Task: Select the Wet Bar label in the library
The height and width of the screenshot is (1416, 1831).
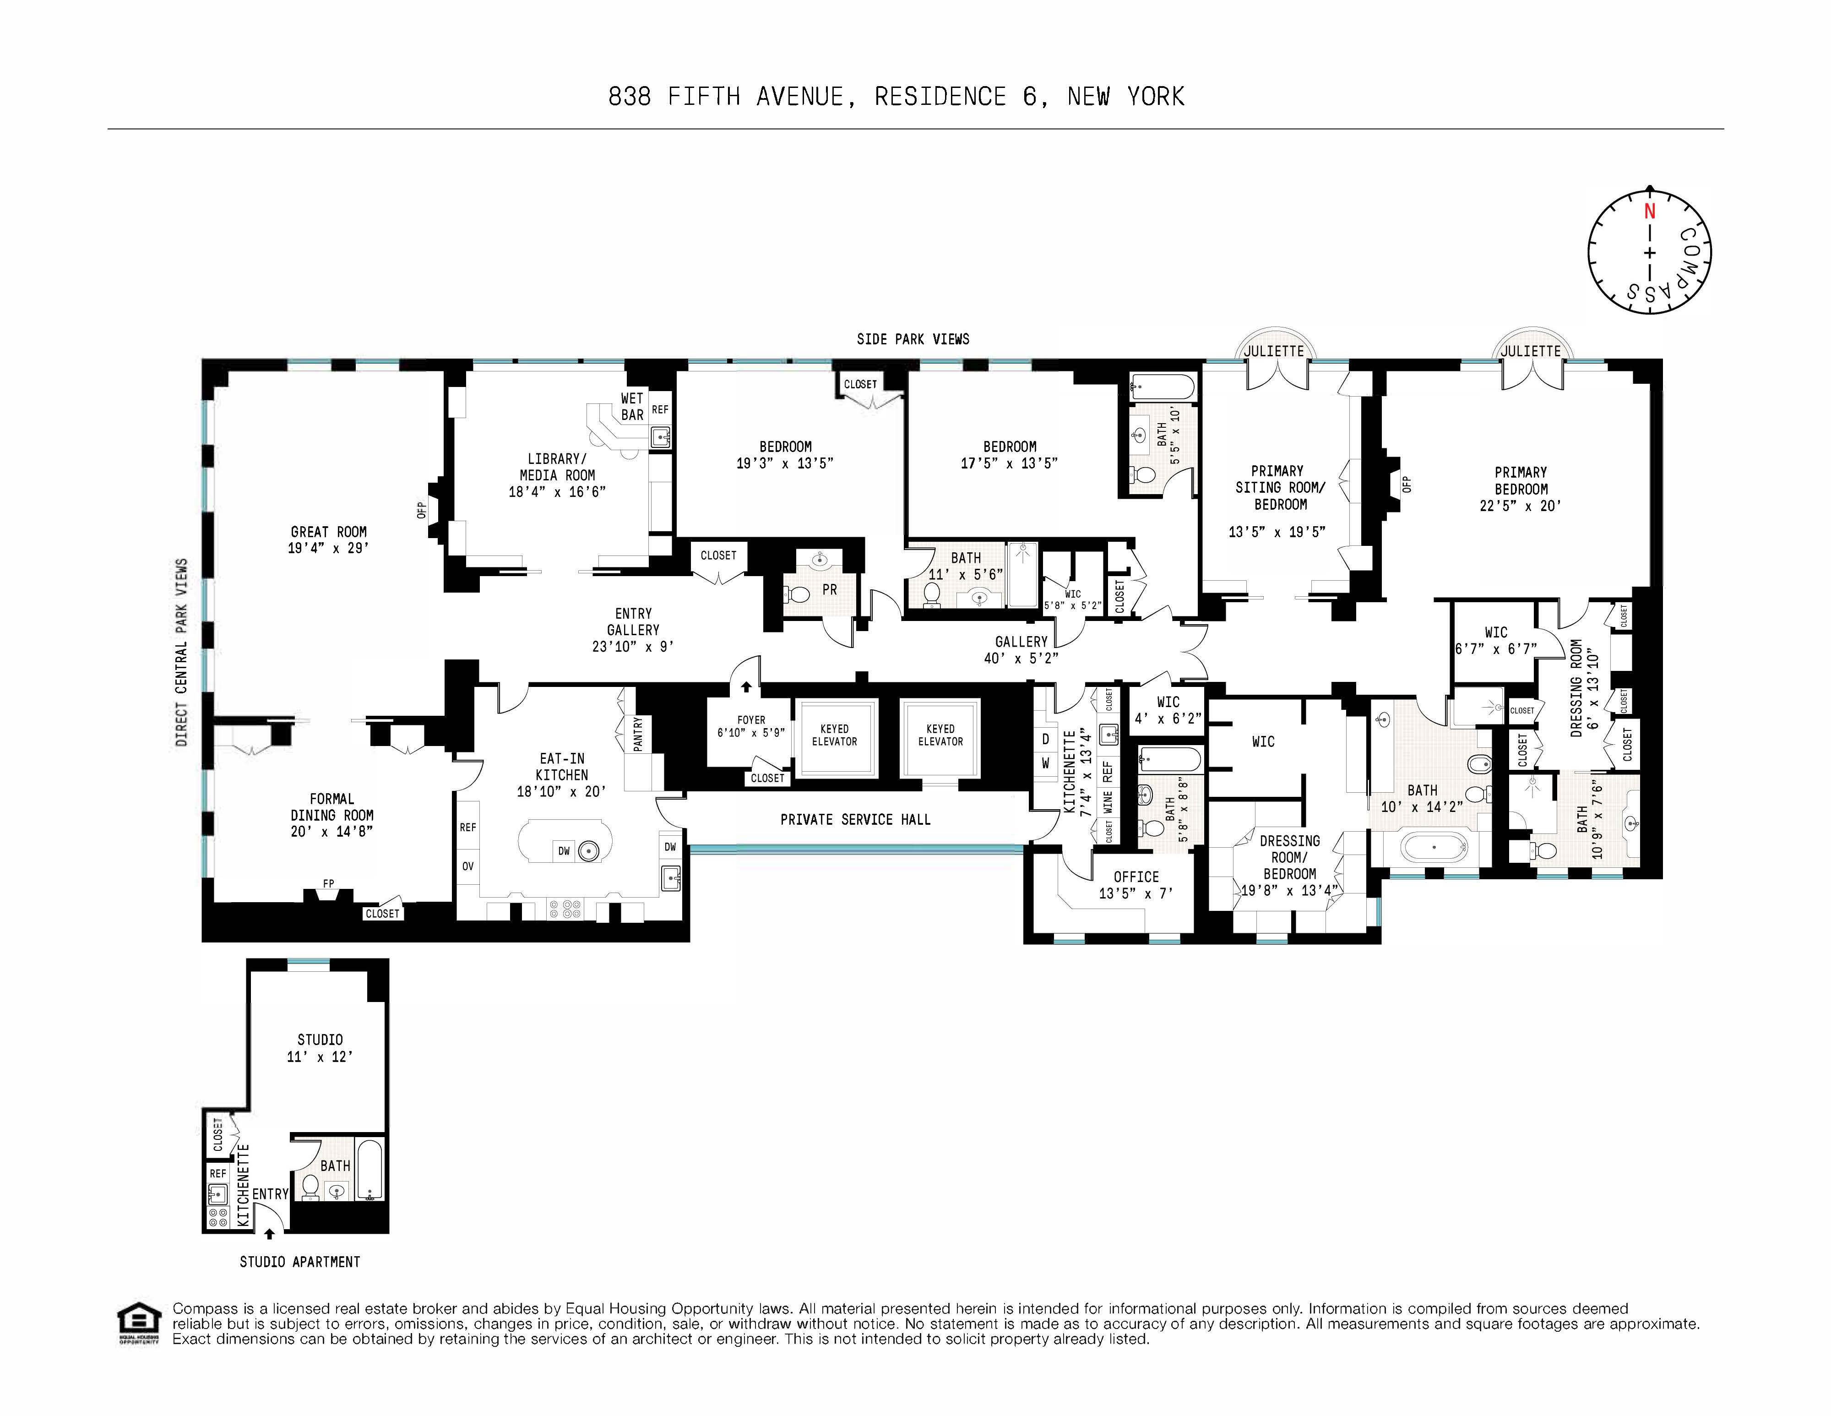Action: [632, 407]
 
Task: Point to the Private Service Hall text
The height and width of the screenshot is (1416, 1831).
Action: [855, 819]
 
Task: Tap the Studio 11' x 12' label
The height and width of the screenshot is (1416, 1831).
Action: [320, 1048]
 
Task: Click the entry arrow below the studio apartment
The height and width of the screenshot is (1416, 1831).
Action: [269, 1233]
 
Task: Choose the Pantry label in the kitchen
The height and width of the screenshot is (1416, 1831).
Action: [638, 734]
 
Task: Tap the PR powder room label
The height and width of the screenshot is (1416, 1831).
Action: [829, 589]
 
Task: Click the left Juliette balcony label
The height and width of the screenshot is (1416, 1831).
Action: [1273, 350]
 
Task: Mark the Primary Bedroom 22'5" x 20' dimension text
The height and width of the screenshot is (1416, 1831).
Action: [1520, 506]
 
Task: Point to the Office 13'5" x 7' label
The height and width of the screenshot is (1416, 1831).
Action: [1136, 884]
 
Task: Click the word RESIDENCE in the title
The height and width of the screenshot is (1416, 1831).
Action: [940, 97]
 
